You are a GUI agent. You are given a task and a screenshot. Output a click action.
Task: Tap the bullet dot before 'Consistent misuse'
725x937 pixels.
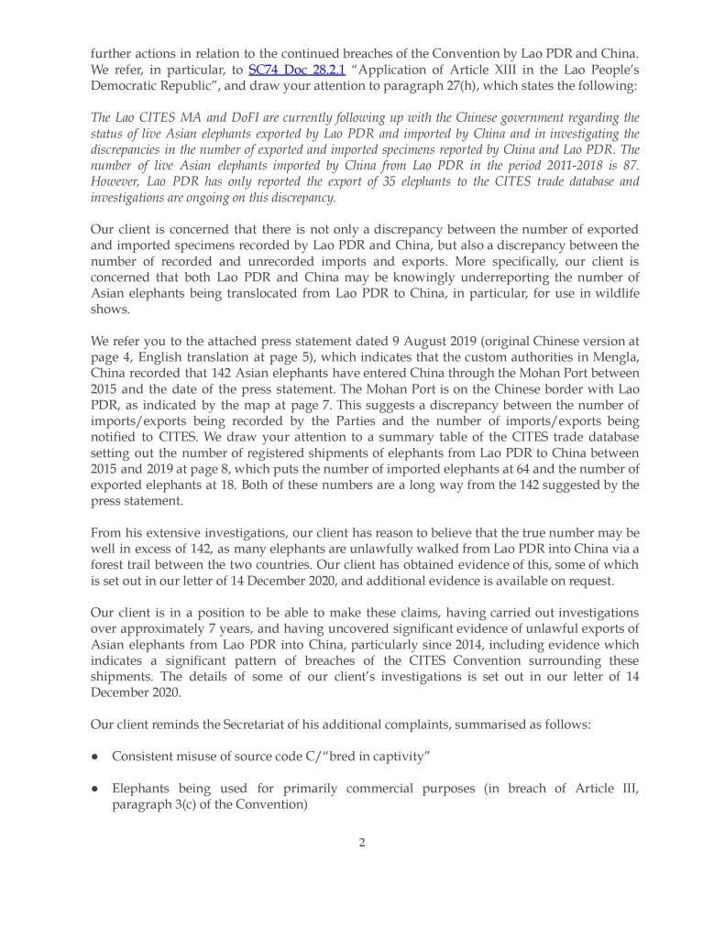95,757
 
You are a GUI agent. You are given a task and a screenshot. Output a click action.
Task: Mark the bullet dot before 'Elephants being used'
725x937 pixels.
95,790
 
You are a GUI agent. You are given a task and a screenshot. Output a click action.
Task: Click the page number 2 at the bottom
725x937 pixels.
362,844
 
